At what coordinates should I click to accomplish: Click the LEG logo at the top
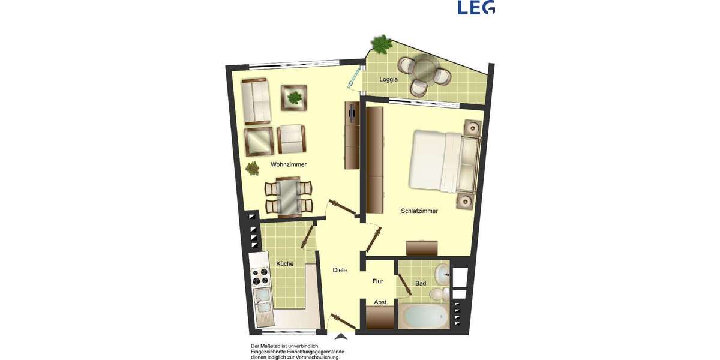click(476, 7)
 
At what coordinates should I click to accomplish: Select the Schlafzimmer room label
click(419, 211)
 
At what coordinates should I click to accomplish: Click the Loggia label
click(389, 79)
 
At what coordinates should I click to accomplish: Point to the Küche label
click(284, 263)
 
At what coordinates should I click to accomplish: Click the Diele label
click(340, 270)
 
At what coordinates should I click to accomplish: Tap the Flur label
click(377, 281)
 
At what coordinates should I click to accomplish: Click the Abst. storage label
click(381, 302)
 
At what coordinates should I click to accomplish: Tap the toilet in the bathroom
click(438, 293)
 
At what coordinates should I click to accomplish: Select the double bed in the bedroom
click(443, 161)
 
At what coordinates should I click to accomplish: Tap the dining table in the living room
click(289, 196)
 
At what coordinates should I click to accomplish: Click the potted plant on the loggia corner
click(379, 43)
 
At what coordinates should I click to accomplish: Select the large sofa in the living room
click(257, 100)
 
